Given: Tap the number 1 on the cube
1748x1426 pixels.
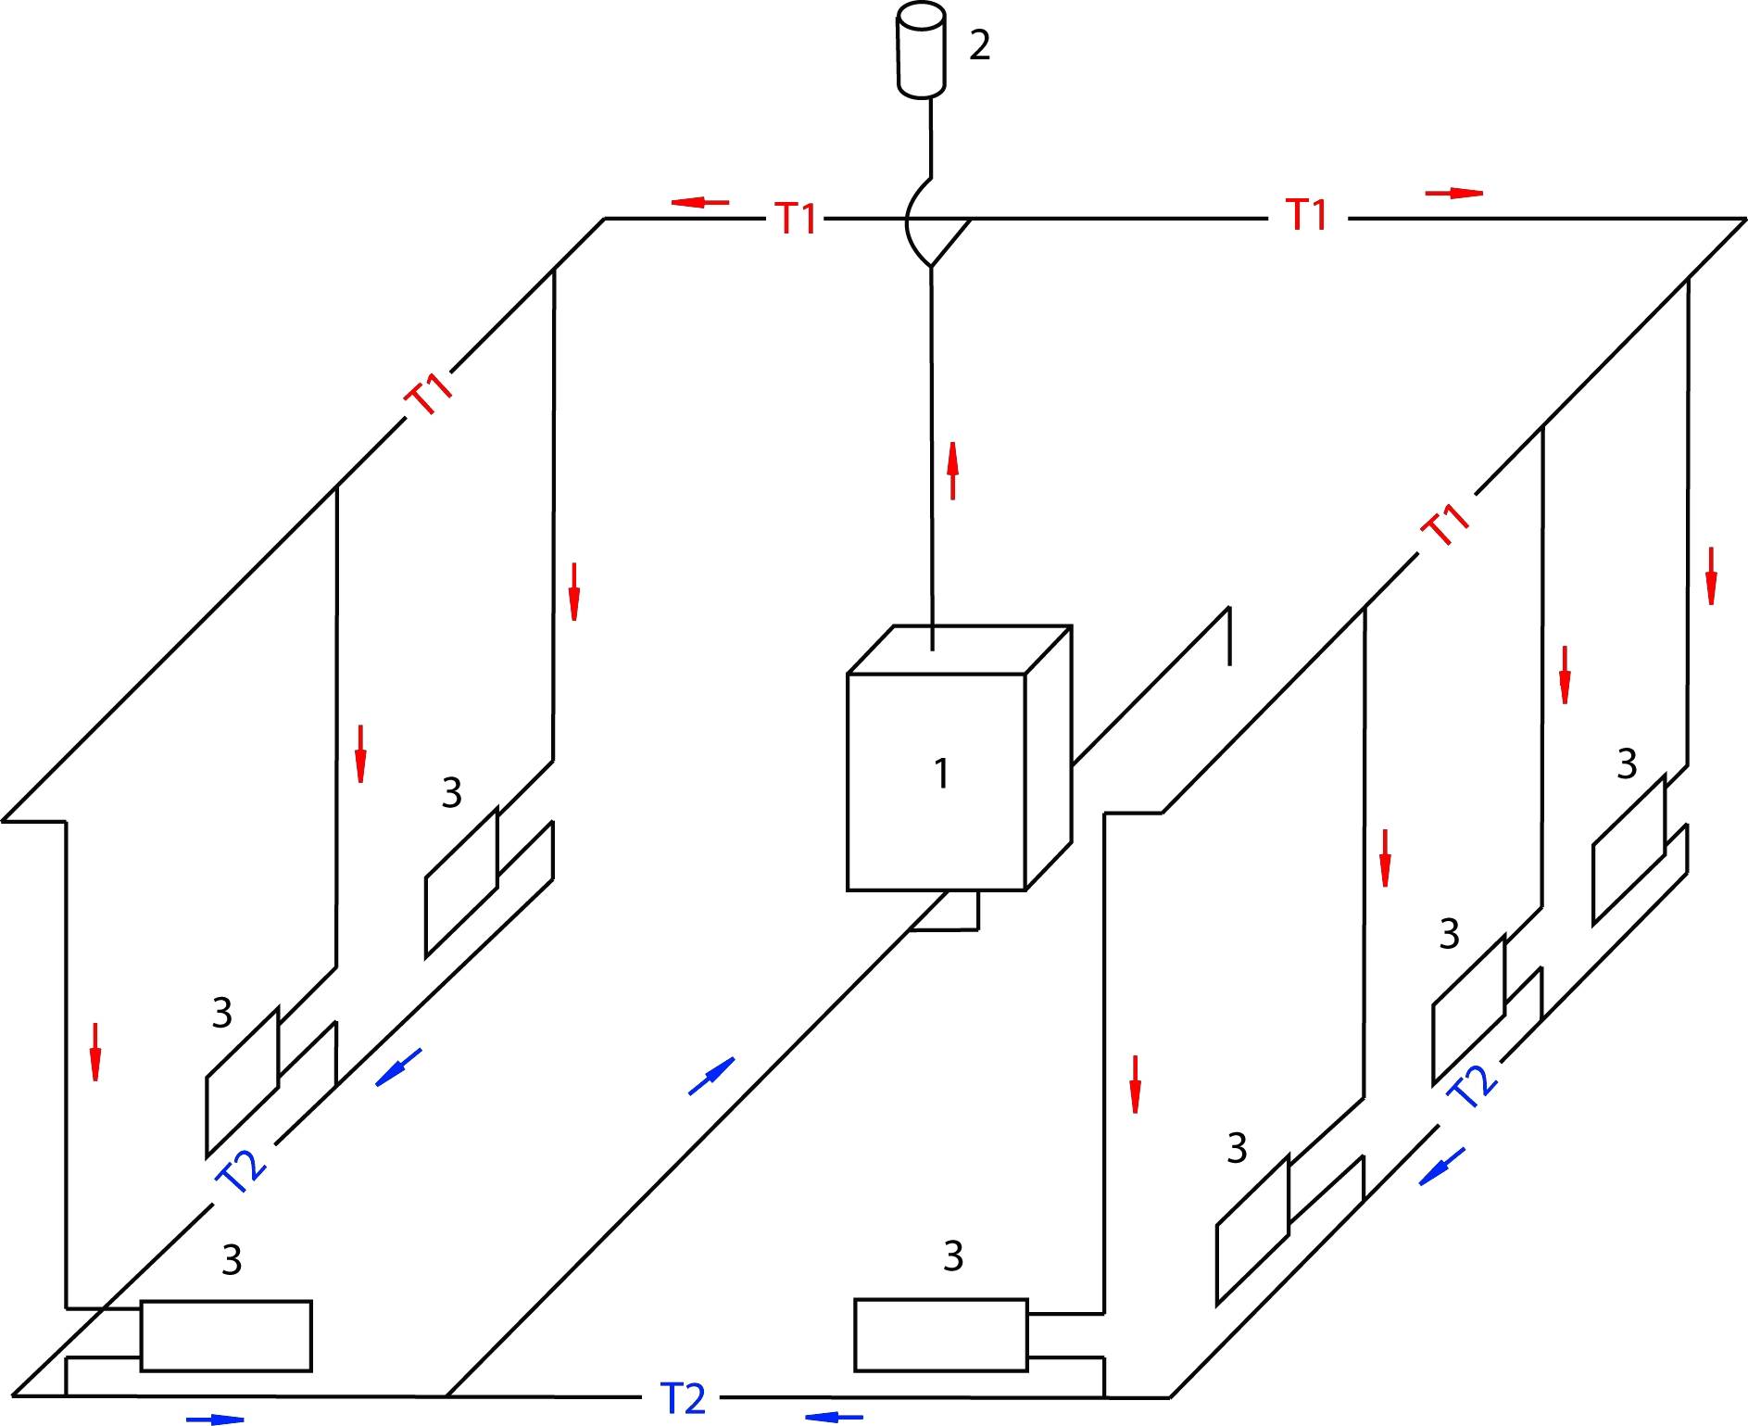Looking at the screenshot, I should coord(941,774).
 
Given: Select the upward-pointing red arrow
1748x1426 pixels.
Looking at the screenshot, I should coord(952,471).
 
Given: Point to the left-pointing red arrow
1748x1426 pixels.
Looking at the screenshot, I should coord(700,202).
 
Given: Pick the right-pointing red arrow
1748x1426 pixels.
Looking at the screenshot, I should coord(1454,193).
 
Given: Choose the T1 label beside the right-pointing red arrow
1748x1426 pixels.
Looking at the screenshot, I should coord(1307,215).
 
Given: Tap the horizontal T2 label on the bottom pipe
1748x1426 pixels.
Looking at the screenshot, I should coord(684,1398).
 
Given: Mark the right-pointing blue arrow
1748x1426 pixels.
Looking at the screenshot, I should coord(215,1419).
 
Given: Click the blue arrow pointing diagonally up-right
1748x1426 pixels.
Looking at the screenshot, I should coord(711,1076).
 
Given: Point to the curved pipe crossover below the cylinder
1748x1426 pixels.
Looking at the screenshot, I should coord(917,223).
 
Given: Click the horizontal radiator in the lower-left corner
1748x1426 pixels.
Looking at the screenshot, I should coord(226,1335).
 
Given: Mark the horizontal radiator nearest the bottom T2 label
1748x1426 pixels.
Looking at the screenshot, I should coord(940,1334).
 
